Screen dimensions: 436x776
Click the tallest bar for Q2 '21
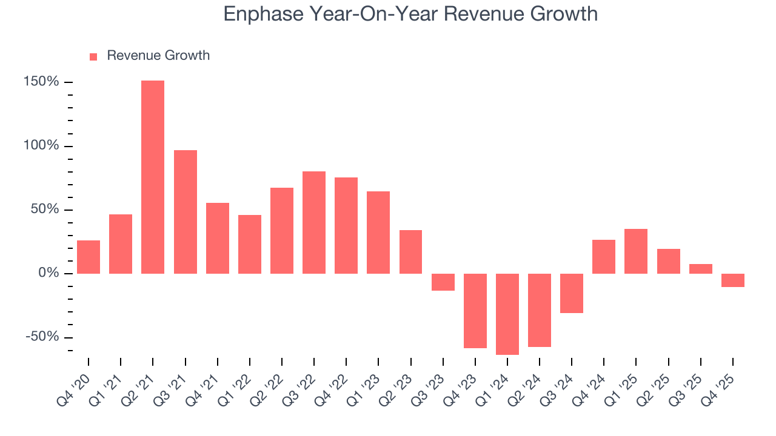(153, 177)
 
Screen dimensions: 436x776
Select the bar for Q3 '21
(185, 212)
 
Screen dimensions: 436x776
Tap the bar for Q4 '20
(89, 257)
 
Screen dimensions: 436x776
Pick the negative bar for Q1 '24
(507, 314)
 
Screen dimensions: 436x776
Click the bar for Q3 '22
(314, 222)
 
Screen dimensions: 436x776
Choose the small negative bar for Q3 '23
(443, 282)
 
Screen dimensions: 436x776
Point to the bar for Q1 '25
(636, 251)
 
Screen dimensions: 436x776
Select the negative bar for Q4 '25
(733, 280)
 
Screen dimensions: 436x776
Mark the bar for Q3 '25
(701, 269)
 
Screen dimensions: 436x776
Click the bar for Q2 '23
(410, 252)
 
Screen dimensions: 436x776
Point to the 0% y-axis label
(49, 274)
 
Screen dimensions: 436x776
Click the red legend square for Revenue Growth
(93, 57)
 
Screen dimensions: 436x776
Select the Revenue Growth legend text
(158, 56)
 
